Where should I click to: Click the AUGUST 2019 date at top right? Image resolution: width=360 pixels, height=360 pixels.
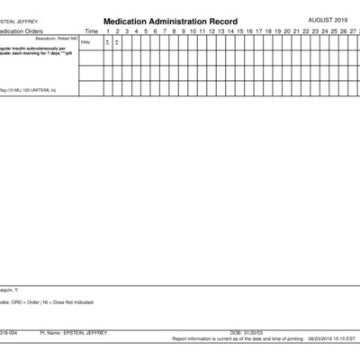click(332, 19)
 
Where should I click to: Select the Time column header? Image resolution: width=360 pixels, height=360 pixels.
click(91, 31)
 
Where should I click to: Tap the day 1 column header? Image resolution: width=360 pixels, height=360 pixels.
click(107, 31)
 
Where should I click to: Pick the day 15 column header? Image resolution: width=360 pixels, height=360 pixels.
click(240, 31)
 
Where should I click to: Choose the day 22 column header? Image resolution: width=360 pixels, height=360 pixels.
click(306, 31)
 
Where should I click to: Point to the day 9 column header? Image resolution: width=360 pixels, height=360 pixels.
click(183, 31)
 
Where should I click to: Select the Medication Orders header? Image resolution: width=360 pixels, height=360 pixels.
click(22, 31)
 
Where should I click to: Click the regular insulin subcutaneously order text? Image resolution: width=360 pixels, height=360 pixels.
click(31, 50)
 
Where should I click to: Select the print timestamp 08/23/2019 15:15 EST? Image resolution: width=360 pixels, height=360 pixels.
click(331, 339)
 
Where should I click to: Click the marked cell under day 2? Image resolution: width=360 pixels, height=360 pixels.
click(117, 42)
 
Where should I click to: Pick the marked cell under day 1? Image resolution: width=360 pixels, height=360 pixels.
click(107, 42)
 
